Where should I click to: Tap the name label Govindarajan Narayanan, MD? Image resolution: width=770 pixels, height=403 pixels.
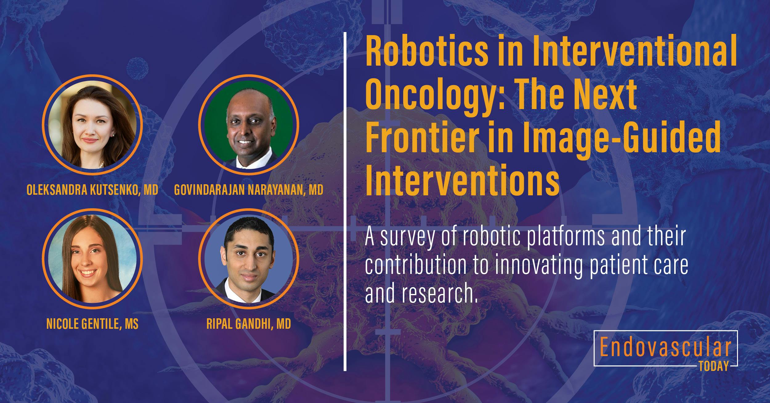coord(249,190)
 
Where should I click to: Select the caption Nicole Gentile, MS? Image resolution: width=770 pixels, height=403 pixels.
coord(92,324)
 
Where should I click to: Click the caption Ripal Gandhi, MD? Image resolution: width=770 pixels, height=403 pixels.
coord(249,324)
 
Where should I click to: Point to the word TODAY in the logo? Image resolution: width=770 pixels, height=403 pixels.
coord(714,367)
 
